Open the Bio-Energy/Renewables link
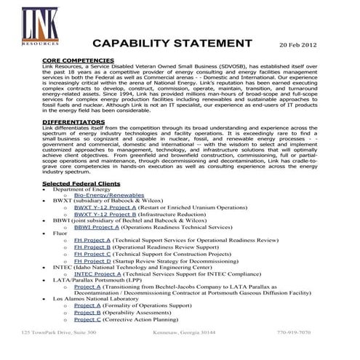[109, 196]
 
